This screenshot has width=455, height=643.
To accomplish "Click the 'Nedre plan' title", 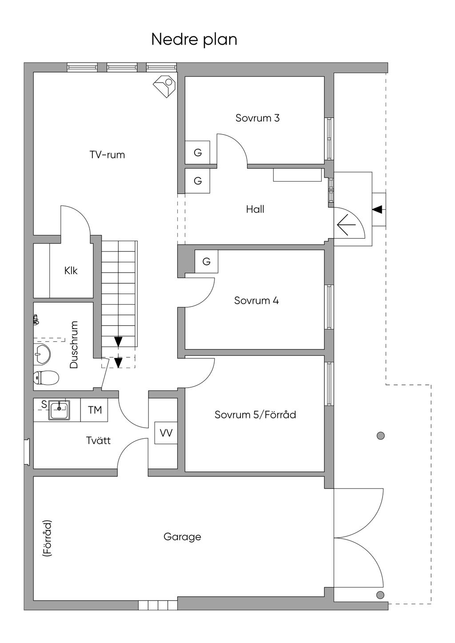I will click(194, 39).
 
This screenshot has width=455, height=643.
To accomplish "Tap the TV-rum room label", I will click(107, 155).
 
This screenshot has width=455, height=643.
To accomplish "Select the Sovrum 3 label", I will click(257, 118).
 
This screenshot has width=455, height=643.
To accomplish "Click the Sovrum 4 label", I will click(256, 301).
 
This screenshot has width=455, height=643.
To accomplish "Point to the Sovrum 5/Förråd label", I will click(255, 415).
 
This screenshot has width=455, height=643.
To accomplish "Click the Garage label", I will click(182, 537).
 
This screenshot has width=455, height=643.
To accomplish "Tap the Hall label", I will click(255, 209).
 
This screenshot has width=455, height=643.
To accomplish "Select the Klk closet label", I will click(71, 270).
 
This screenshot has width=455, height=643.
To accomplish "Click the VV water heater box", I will click(166, 433).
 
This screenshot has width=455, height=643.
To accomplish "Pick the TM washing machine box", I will click(95, 410).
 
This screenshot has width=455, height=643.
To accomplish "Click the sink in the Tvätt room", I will click(59, 409).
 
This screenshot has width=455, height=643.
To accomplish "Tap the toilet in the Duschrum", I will click(46, 378).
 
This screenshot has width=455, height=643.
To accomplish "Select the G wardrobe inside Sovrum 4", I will click(206, 262).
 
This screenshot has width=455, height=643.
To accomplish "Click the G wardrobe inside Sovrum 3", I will click(198, 153).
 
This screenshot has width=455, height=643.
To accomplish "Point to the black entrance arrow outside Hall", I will click(377, 209).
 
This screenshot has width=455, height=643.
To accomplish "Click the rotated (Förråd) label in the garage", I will click(47, 538).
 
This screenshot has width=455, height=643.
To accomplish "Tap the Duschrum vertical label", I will click(74, 345).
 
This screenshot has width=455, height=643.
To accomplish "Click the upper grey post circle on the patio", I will click(380, 436).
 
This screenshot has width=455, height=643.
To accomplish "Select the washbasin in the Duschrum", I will click(42, 354).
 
